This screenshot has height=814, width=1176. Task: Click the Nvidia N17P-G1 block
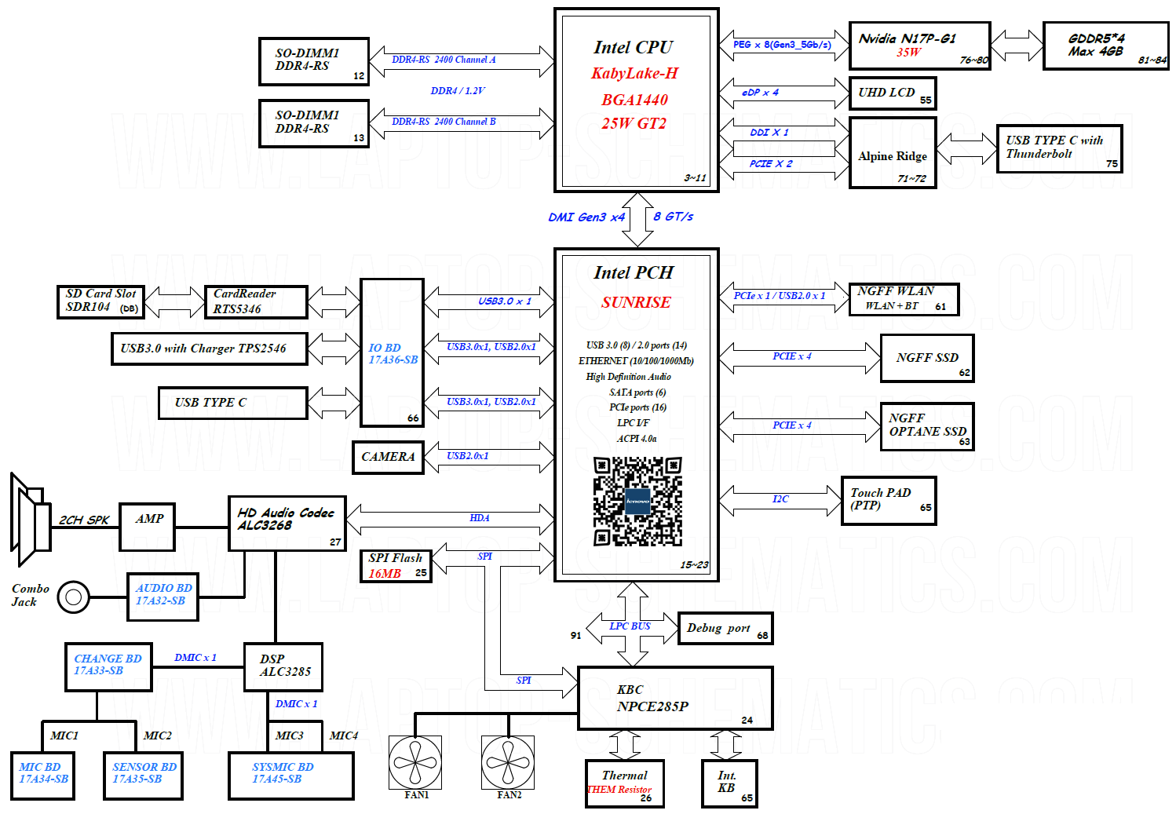point(919,46)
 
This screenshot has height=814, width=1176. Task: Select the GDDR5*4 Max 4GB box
point(1105,46)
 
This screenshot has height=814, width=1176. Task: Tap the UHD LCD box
point(893,93)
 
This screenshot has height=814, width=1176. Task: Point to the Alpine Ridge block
point(893,153)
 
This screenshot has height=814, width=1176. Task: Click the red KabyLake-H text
point(634,73)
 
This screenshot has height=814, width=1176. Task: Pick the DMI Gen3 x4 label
point(586,217)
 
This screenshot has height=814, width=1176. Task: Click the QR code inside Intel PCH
point(637,502)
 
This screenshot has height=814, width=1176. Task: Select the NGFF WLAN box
point(904,299)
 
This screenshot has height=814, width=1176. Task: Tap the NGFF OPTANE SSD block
point(927,427)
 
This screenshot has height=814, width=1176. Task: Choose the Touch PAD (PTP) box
point(889,501)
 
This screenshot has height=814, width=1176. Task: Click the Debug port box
point(725,628)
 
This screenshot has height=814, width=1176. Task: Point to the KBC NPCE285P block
point(675,698)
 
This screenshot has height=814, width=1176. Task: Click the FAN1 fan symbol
point(415,762)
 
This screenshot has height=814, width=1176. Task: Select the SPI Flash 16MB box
point(396,566)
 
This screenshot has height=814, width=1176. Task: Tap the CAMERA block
point(388,458)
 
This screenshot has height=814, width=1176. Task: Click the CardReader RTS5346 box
point(256,301)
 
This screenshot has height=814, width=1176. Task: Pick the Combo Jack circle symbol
point(74,597)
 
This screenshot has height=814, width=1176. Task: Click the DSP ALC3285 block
point(283,667)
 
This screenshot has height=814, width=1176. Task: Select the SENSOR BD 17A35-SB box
point(144,776)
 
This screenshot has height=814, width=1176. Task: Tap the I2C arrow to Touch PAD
point(780,501)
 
